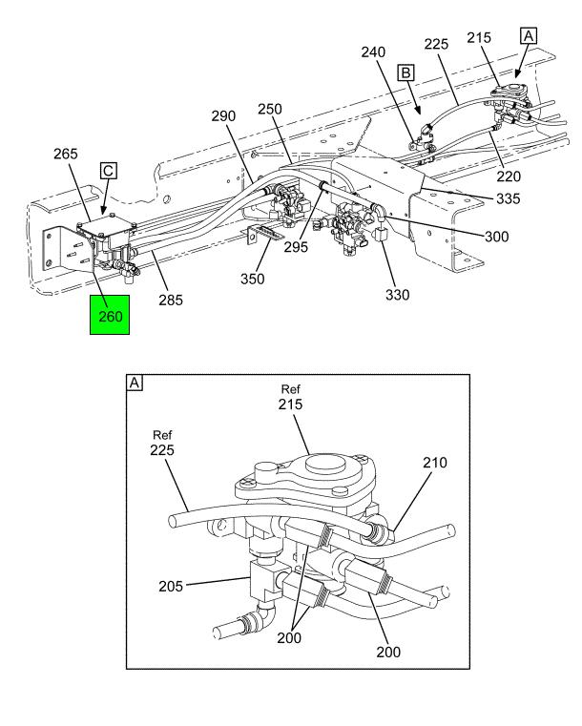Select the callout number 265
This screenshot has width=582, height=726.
(x=67, y=154)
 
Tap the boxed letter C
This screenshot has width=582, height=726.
(x=109, y=171)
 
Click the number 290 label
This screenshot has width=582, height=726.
(x=223, y=115)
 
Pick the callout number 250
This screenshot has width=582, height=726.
(x=270, y=110)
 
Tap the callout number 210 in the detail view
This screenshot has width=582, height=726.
(x=434, y=463)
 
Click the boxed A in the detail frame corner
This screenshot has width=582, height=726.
(x=135, y=383)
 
